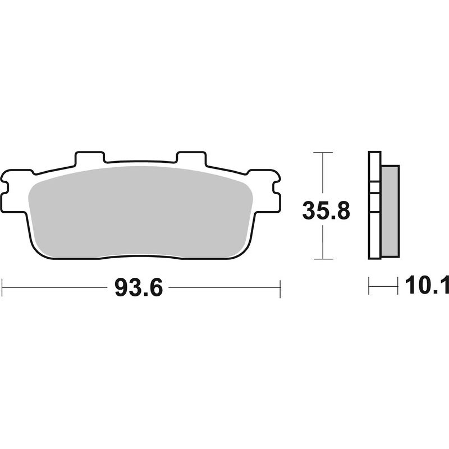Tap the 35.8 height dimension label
click(x=326, y=212)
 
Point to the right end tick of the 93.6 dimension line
click(x=280, y=287)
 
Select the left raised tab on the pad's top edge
click(x=90, y=158)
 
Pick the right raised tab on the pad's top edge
click(x=192, y=158)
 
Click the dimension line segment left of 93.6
click(x=56, y=287)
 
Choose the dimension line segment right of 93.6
click(x=224, y=287)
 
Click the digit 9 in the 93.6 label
click(x=121, y=288)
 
